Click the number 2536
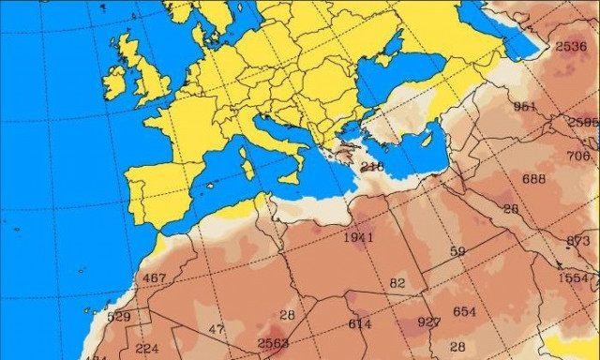570,47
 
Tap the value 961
525,106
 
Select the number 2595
583,123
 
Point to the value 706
578,156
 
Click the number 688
533,179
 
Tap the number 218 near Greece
372,167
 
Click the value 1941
358,237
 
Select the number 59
457,251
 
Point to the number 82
397,283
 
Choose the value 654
464,312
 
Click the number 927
429,322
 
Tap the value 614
360,324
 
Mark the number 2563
274,343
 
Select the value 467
154,278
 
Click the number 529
119,317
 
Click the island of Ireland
115,81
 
